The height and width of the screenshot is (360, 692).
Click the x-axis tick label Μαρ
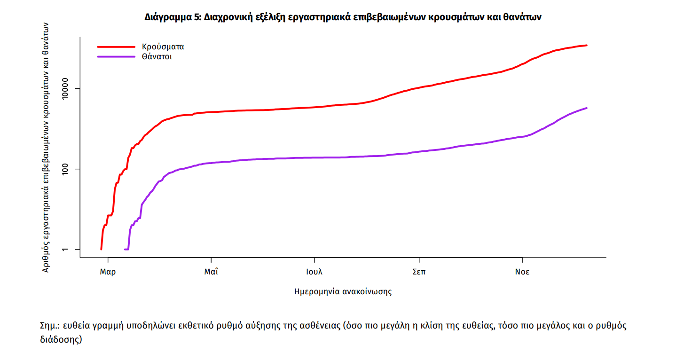click(x=108, y=272)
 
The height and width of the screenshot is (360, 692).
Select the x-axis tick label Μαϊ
click(x=211, y=272)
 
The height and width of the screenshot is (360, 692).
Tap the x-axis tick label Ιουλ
click(x=314, y=272)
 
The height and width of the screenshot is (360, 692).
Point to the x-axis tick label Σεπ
click(x=419, y=272)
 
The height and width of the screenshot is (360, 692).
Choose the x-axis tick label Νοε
click(x=522, y=272)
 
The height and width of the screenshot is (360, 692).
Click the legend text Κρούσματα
click(x=163, y=47)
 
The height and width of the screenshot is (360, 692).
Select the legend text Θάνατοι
click(x=157, y=57)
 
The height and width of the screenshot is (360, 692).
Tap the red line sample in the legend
click(x=116, y=47)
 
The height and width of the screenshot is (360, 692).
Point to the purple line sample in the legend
click(x=116, y=57)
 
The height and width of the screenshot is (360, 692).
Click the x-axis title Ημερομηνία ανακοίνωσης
click(x=343, y=291)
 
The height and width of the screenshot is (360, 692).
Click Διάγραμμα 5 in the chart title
click(x=173, y=17)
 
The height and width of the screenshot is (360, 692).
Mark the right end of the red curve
click(x=587, y=46)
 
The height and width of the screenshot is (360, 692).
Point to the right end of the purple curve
click(x=587, y=108)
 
